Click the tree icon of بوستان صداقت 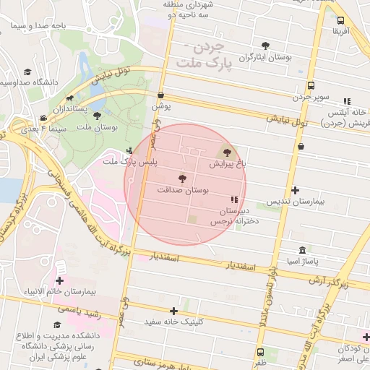pyautogui.click(x=181, y=178)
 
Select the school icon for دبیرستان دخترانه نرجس pyautogui.click(x=233, y=199)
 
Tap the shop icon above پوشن pyautogui.click(x=160, y=95)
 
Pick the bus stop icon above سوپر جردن pyautogui.click(x=311, y=85)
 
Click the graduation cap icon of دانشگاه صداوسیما pyautogui.click(x=27, y=72)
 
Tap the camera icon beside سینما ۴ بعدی pyautogui.click(x=43, y=118)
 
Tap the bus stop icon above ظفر pyautogui.click(x=260, y=351)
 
